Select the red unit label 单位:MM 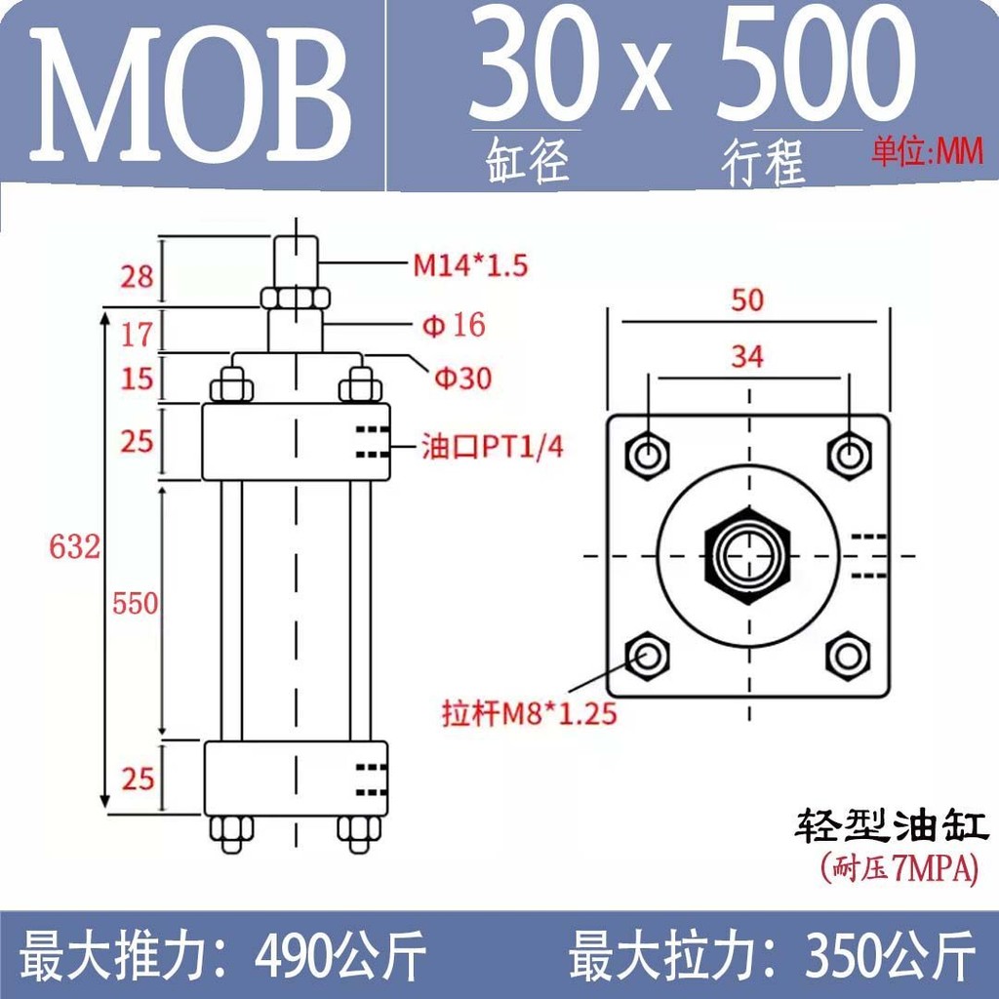coord(928,153)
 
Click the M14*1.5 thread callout coord(471,265)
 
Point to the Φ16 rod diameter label coord(454,326)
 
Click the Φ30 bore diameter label coord(463,379)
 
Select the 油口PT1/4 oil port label coord(493,447)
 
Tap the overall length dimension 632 coord(74,547)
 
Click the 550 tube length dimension coord(135,603)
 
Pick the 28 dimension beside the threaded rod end coord(137,276)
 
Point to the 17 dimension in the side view coord(137,336)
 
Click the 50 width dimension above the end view coord(747,300)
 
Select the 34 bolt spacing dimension coord(747,357)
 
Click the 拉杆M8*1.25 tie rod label coord(530,713)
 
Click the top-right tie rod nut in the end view coord(849,456)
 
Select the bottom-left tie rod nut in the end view coord(648,656)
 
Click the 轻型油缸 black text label coord(891,826)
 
